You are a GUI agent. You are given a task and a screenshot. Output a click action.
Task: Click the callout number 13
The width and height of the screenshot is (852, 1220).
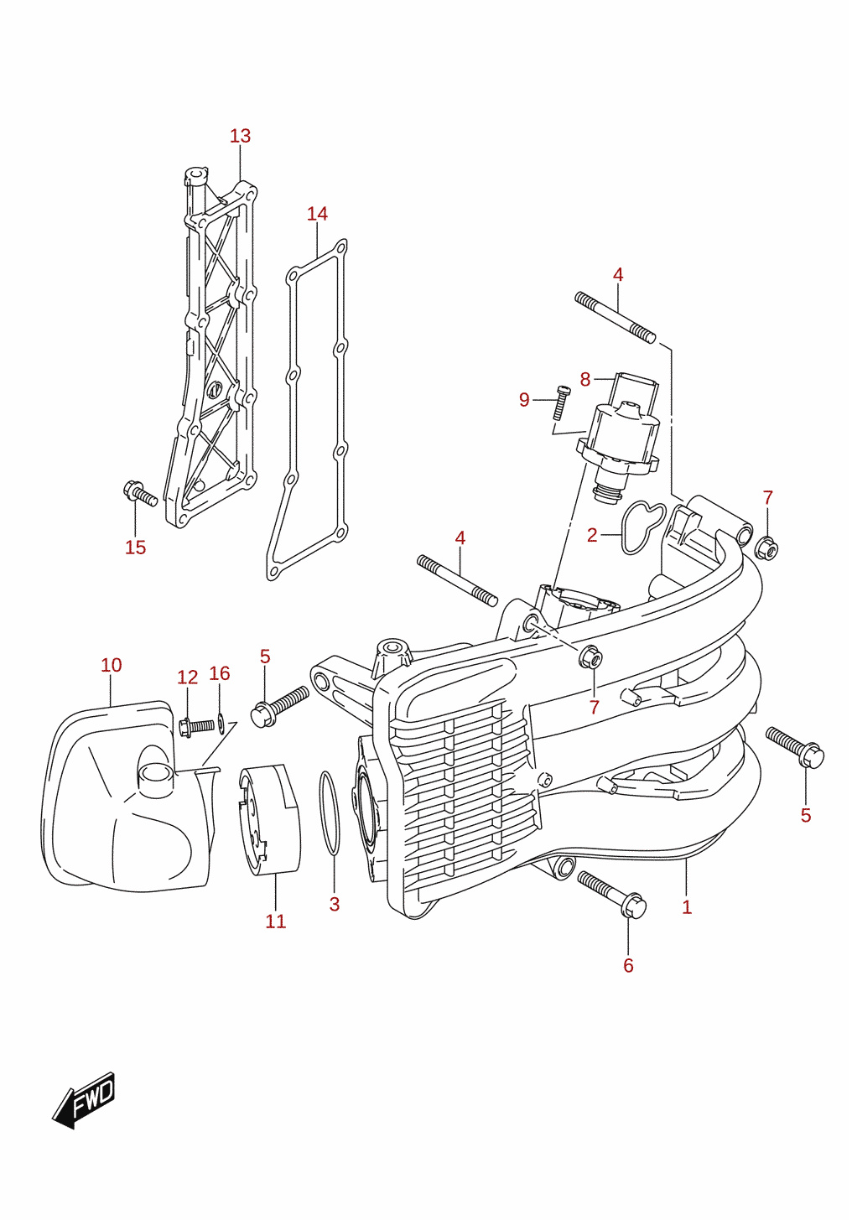(x=240, y=136)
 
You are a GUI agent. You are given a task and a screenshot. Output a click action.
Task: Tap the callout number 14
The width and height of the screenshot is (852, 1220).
(x=317, y=214)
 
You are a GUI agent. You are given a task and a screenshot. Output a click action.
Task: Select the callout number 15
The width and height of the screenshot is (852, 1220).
(x=136, y=548)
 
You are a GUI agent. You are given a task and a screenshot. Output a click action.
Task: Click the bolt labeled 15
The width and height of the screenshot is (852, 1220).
(x=140, y=492)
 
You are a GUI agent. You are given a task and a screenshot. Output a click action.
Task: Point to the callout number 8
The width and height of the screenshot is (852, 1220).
(x=585, y=379)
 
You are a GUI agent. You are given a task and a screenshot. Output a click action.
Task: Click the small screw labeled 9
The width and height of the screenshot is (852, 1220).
(x=560, y=403)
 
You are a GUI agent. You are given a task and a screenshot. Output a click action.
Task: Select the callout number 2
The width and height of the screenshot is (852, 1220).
(x=592, y=536)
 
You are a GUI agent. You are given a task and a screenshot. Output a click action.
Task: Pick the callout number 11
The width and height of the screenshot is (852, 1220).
(x=276, y=921)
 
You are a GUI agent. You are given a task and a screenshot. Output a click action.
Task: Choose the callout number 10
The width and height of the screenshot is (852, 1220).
(x=112, y=665)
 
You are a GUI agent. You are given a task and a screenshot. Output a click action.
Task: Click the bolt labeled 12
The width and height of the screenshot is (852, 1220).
(x=196, y=727)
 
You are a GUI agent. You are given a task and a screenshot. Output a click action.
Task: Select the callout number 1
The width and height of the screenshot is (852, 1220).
(x=687, y=907)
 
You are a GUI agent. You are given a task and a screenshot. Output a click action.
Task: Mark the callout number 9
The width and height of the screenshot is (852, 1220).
(x=524, y=400)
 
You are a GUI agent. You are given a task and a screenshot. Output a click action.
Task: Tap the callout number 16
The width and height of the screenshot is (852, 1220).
(x=220, y=673)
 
